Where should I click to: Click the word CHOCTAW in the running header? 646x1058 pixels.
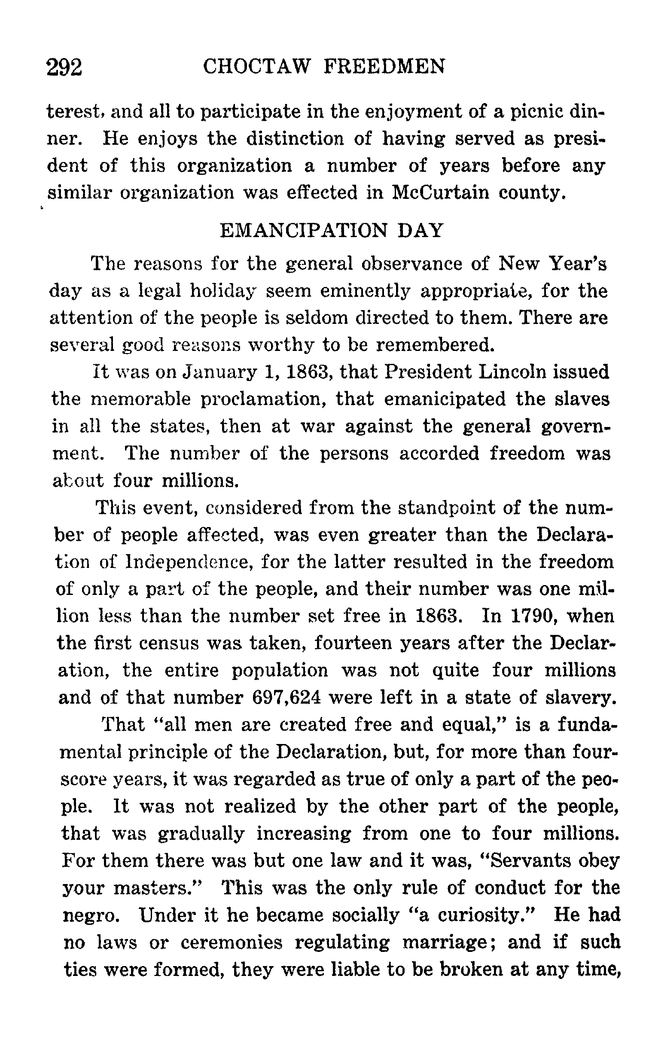[256, 67]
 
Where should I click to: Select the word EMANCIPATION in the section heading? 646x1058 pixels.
[304, 231]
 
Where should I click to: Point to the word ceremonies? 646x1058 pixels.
[231, 942]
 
